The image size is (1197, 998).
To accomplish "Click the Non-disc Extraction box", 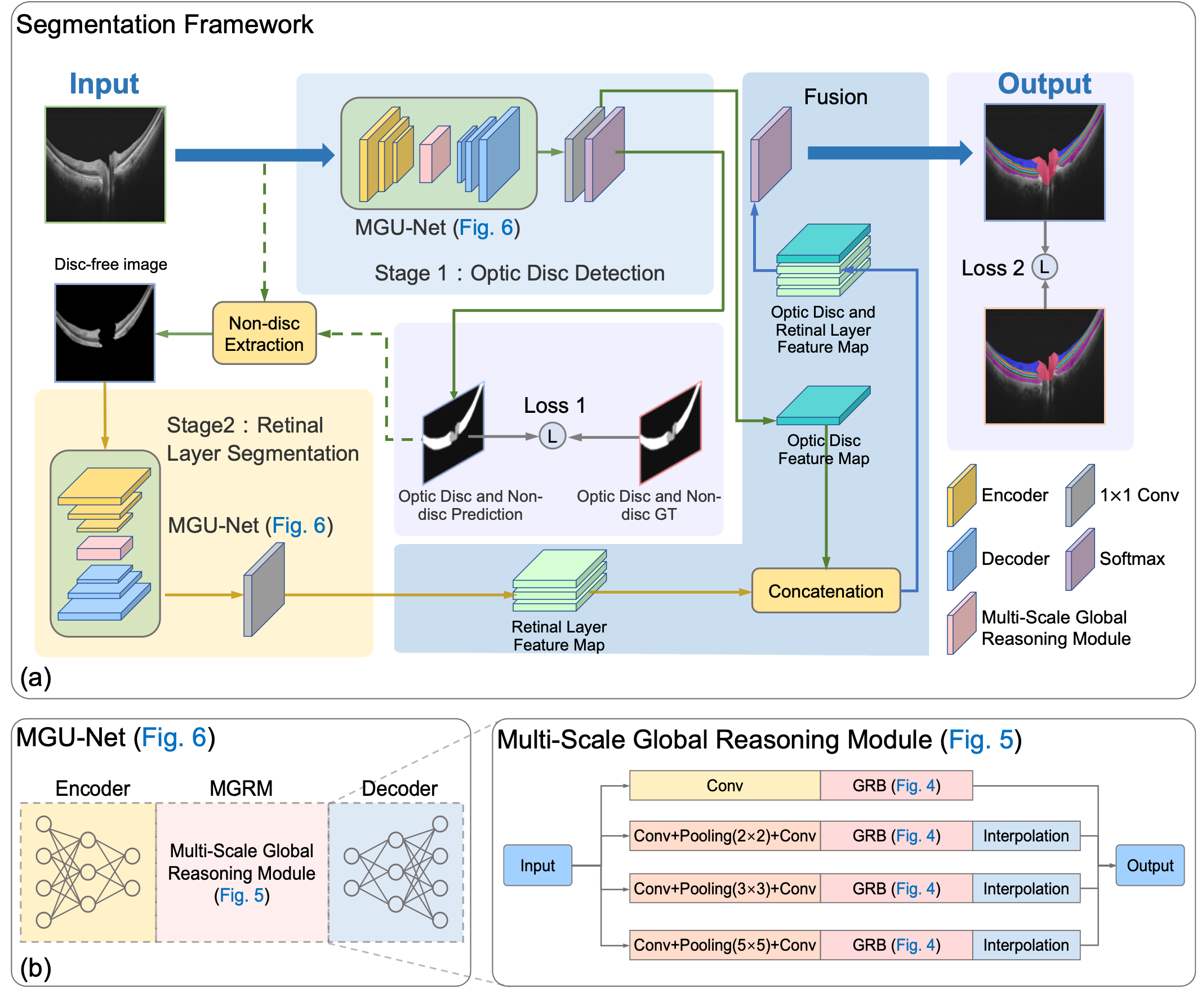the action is coord(265,333).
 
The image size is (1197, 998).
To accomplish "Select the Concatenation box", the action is coord(826,591).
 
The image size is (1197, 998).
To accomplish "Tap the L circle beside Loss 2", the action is coord(1044,267).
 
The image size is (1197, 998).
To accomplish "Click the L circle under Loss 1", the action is coord(553,436).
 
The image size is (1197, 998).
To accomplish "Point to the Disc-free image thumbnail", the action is coord(105,333).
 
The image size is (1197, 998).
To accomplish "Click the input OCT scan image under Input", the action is coord(105,164).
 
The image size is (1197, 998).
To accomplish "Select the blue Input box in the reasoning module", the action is coord(537,865).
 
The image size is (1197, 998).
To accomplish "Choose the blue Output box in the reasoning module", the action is coord(1150,865).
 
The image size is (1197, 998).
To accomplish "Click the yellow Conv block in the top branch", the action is coord(724,786).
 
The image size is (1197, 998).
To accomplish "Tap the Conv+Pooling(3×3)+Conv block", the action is coord(724,889).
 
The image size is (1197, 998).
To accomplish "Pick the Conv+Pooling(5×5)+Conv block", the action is coord(724,945).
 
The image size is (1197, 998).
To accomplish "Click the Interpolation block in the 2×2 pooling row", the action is coord(1026,836).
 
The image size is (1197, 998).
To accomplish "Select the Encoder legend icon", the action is coord(962,495).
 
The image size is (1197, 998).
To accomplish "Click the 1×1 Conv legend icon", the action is coord(1080,495).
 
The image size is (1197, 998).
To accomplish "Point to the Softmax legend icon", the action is coord(1080,559).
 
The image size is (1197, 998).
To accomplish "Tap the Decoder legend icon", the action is coord(962,559).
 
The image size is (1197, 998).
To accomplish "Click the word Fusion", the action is coord(835,97).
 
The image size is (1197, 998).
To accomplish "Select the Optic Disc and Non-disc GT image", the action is coord(670,433).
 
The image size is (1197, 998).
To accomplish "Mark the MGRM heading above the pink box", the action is coord(241,788).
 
